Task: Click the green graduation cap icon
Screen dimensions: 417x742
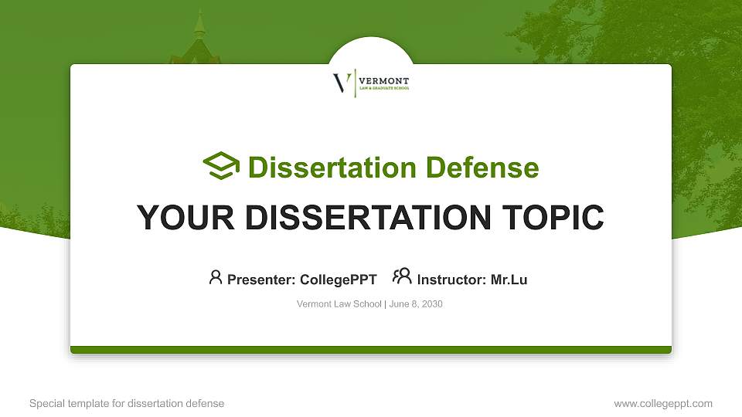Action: coord(221,166)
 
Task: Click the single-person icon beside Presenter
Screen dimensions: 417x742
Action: coord(216,276)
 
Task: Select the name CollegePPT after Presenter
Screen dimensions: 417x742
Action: coord(338,280)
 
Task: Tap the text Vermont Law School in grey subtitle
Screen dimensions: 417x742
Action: coord(339,304)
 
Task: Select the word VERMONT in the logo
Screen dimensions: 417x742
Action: coord(384,80)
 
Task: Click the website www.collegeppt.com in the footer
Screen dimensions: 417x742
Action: coord(662,403)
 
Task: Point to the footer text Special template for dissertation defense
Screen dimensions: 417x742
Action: coord(127,403)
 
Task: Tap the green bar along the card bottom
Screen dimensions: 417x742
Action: coord(371,350)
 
